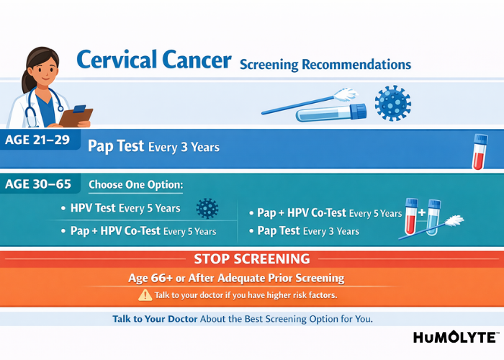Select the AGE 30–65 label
pos(38,184)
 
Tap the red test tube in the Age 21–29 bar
pos(479,152)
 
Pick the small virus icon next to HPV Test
pos(207,208)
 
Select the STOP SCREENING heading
pos(251,258)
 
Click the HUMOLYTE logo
pos(456,338)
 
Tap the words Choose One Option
pos(135,185)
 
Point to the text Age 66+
pos(207,278)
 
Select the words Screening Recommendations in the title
pos(325,65)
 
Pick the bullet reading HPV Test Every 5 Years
pos(125,209)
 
